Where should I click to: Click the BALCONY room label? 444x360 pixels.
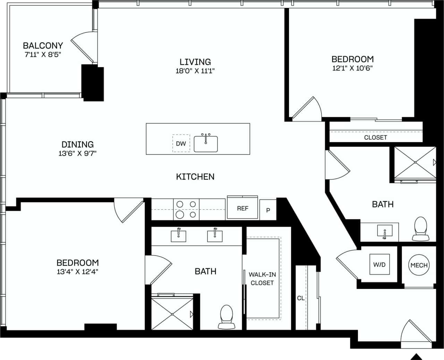coord(43,45)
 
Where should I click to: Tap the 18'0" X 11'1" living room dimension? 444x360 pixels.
coord(195,71)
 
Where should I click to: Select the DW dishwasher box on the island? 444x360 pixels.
coord(181,143)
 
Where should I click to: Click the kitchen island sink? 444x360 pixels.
coord(206,144)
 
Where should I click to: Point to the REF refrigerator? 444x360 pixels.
coord(242,208)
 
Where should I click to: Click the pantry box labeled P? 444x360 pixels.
coord(268,210)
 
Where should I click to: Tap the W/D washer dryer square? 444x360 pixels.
coord(379,265)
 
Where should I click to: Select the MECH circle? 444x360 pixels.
coord(419,265)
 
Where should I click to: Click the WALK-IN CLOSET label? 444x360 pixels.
coord(262,278)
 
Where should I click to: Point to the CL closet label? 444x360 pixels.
coord(300,298)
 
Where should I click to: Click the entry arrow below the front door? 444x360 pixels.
coord(417,357)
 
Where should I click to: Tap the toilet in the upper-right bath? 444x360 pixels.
coord(421,228)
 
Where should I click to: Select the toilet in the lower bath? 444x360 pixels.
coord(227,316)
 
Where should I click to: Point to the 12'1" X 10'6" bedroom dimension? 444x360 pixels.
coord(352,68)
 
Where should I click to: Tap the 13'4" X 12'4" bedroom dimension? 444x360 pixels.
coord(77,272)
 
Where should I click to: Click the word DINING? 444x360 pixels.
coord(77,144)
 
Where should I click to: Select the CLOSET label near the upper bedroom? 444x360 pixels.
coord(375,137)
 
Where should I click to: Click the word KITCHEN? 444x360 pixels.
coord(195,177)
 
